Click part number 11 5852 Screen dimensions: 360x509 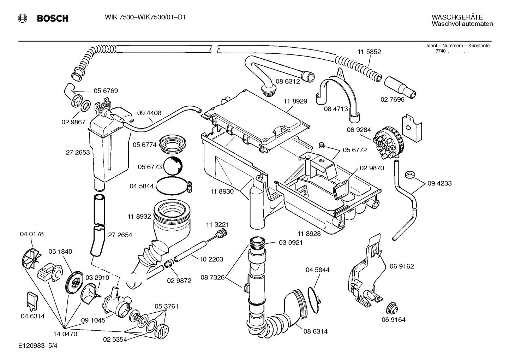click(369, 52)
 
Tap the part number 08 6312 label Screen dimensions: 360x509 click(287, 81)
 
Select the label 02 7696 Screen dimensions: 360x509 click(392, 100)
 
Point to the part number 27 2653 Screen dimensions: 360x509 click(78, 153)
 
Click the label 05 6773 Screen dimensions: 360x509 click(150, 167)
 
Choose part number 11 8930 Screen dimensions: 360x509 click(222, 191)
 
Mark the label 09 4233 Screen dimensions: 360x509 click(439, 183)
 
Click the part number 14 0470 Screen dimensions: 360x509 click(65, 334)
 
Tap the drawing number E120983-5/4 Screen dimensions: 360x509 click(38, 347)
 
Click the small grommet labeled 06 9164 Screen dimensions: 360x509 click(391, 308)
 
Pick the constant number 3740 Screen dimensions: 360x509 click(440, 51)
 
